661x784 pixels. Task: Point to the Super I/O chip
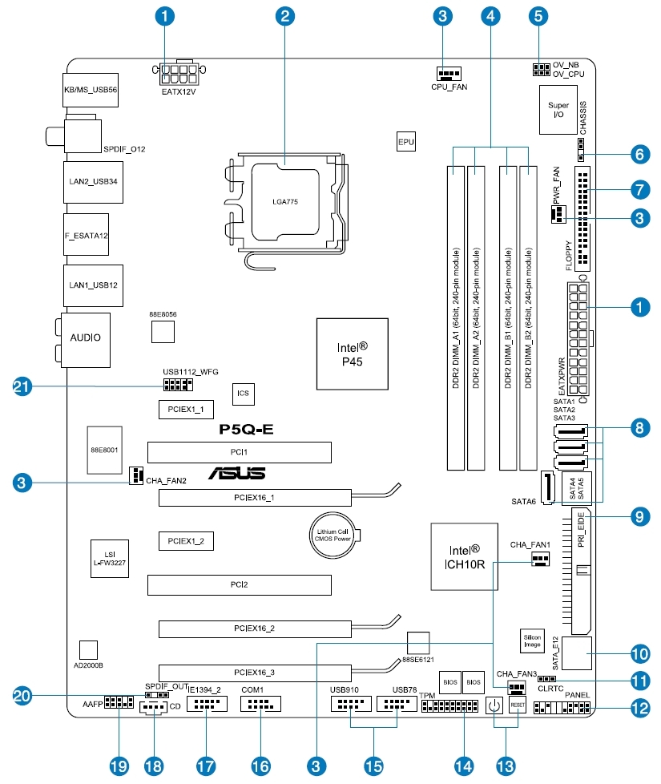pos(558,110)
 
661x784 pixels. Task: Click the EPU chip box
pos(406,143)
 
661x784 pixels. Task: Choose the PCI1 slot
pos(240,453)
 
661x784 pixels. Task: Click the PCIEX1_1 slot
pos(185,409)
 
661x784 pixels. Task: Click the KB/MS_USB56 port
pos(90,91)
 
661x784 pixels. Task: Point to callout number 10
pos(639,652)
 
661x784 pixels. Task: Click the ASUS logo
pos(238,474)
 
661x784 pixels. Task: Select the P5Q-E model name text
pos(247,429)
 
